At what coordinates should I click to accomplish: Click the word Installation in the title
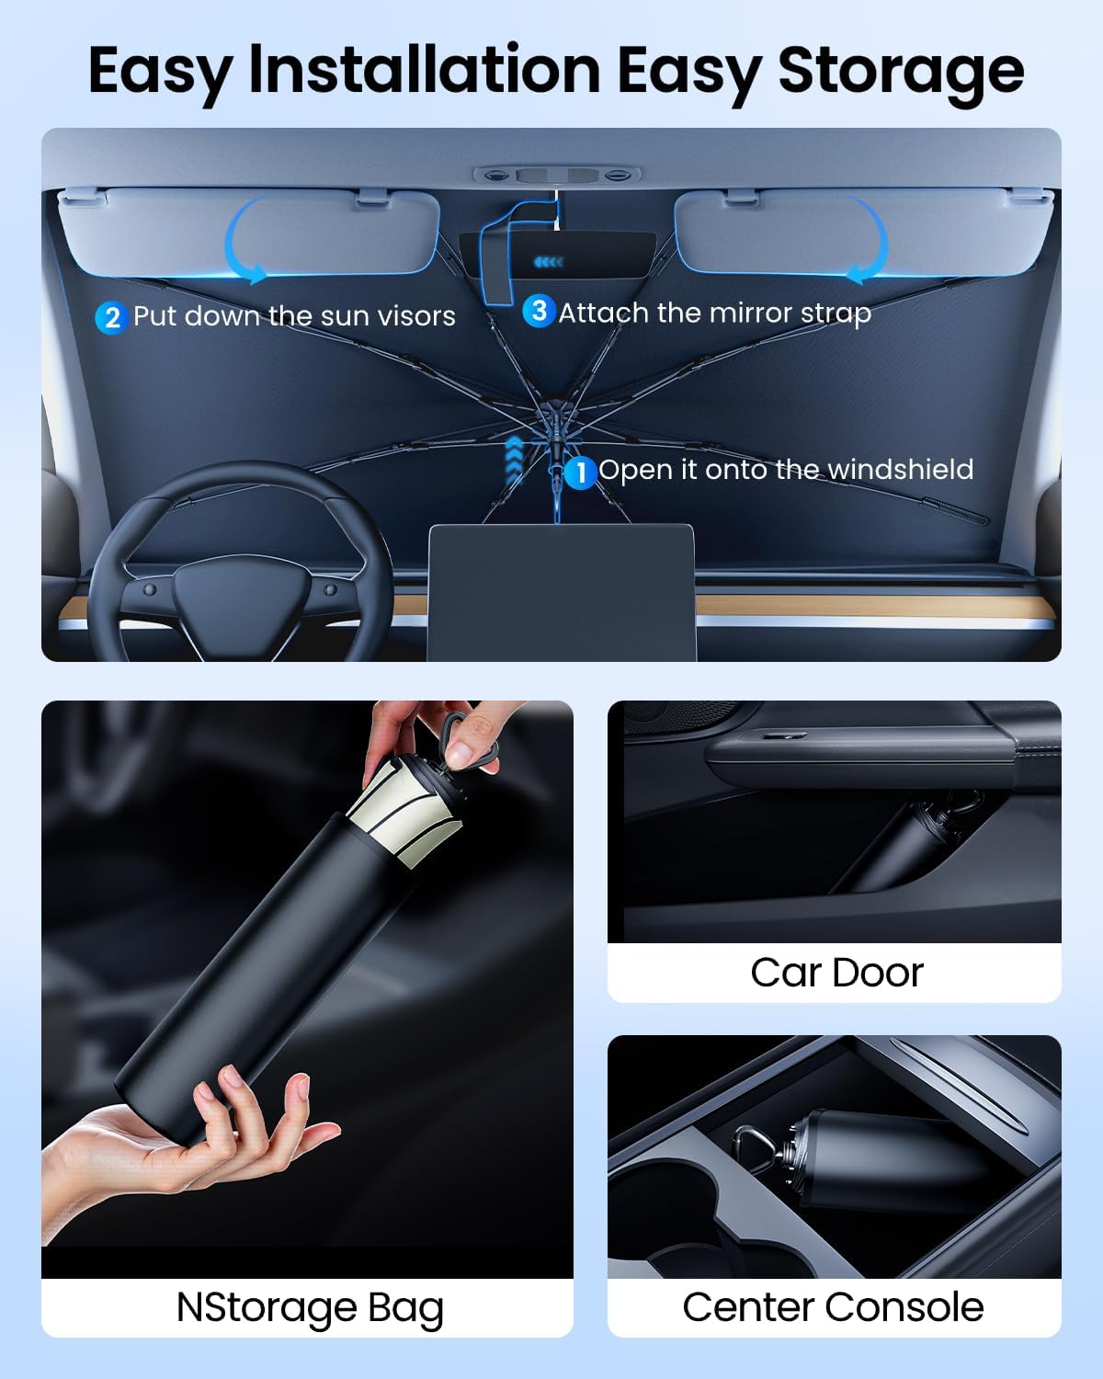425,72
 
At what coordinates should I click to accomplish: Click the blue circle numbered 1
580,473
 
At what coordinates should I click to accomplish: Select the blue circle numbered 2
111,317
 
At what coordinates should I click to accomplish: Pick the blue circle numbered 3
539,311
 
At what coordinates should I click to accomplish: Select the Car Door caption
836,973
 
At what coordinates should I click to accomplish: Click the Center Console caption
833,1306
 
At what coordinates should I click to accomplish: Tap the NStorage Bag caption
309,1307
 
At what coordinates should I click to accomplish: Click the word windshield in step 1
900,470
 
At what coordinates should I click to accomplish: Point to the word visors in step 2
413,316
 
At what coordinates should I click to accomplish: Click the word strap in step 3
836,314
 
